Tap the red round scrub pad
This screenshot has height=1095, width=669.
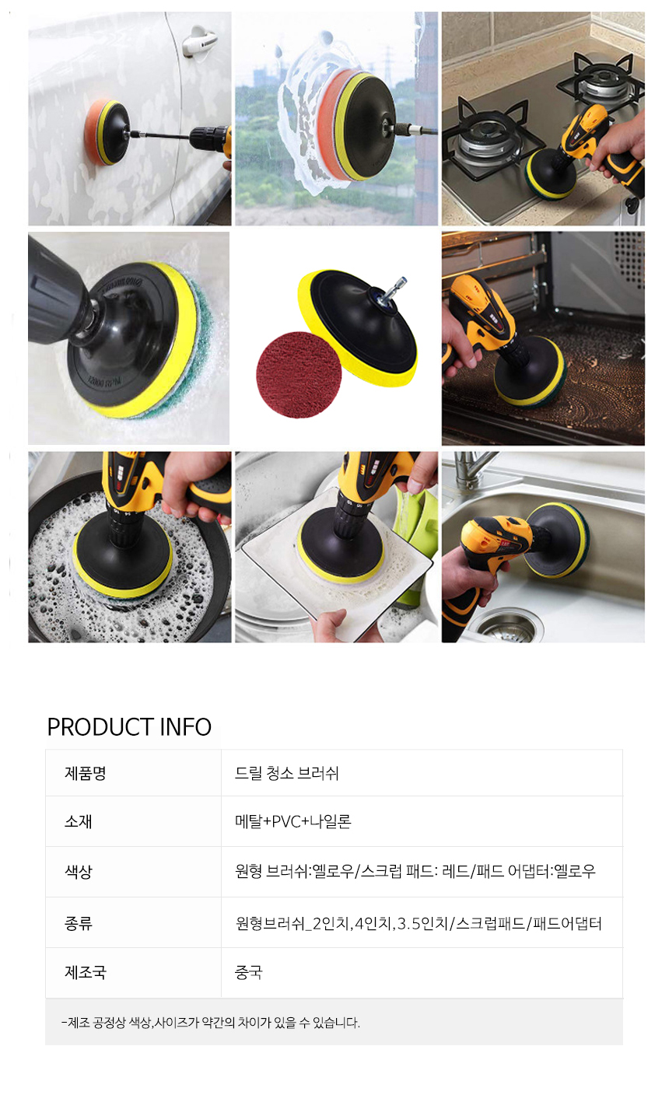[x=299, y=374]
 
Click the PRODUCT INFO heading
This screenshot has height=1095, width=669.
[x=129, y=727]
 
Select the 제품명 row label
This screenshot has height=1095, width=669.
[x=85, y=773]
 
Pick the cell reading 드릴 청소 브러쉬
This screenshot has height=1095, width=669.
[x=286, y=773]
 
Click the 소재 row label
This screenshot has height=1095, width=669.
[x=79, y=821]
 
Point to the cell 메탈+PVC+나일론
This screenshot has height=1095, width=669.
[x=293, y=821]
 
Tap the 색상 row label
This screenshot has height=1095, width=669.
[x=79, y=871]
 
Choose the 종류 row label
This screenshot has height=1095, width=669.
[x=79, y=923]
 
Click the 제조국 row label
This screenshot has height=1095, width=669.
[x=85, y=972]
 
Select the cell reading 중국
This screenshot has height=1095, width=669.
[x=248, y=972]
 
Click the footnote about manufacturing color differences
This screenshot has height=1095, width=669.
[x=211, y=1022]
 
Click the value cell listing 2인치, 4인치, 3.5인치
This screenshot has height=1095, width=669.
[x=419, y=923]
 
